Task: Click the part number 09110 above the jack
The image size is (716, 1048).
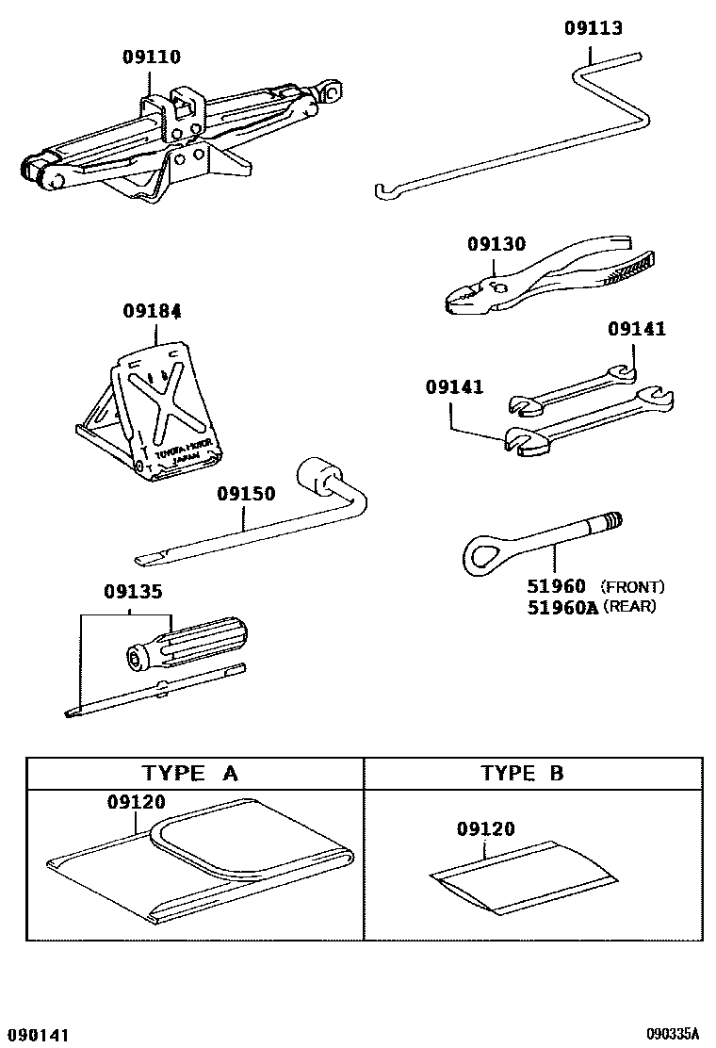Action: click(151, 57)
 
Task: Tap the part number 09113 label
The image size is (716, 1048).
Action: click(594, 28)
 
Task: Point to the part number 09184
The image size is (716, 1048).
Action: click(152, 310)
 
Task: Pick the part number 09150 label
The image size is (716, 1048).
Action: click(246, 494)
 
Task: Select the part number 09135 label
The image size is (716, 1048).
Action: click(133, 593)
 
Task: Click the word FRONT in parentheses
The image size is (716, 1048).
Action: click(632, 587)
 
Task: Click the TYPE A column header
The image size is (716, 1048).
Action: click(190, 774)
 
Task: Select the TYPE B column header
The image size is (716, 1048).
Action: click(522, 774)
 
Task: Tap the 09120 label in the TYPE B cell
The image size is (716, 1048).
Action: click(486, 829)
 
